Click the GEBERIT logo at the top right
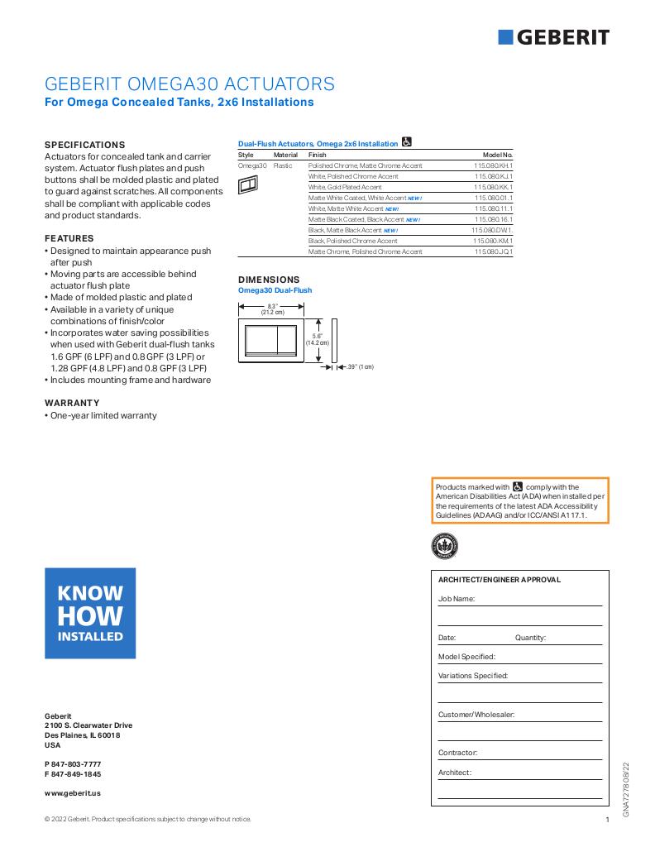554,37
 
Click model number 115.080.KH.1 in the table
494,165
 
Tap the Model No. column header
498,155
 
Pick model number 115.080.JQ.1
494,251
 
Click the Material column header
285,155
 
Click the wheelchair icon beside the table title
407,142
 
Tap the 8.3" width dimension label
272,309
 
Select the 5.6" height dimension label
317,339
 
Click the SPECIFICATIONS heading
84,144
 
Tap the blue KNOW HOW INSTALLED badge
90,613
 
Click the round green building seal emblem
444,545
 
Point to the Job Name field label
456,598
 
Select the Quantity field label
530,638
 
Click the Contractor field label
457,753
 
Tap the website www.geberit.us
73,792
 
